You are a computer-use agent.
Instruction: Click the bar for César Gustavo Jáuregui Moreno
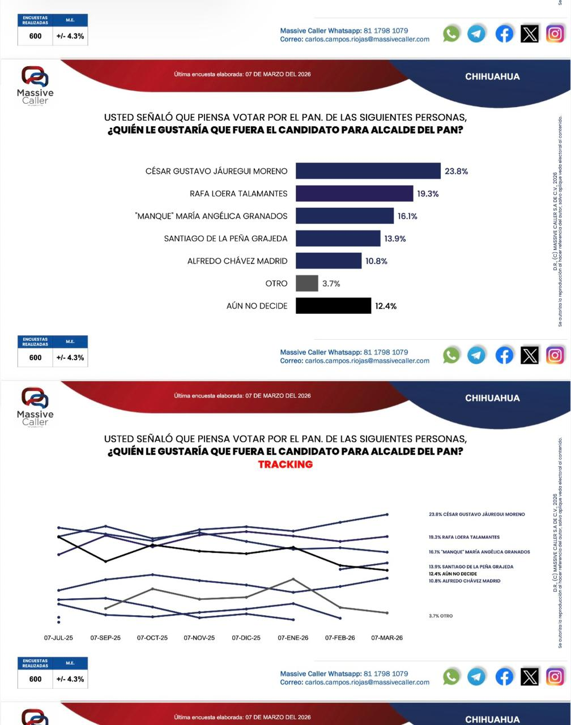point(368,171)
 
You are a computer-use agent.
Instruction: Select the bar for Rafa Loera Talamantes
point(354,194)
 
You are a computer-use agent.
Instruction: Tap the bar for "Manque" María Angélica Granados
point(344,216)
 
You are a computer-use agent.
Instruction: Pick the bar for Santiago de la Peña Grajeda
point(338,238)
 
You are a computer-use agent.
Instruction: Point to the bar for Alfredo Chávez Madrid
point(329,261)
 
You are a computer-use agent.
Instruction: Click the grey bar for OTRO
point(306,283)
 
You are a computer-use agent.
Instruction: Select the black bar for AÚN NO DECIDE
point(333,306)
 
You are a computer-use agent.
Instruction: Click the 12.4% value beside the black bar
point(386,306)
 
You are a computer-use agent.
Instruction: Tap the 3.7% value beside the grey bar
point(331,284)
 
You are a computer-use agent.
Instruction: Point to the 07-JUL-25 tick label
point(59,638)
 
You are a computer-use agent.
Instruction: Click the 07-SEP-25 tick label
point(105,638)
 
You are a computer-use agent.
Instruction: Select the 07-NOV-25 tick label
point(199,638)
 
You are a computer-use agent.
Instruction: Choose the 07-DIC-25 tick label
point(246,638)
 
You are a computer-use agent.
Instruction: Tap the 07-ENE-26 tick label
point(293,638)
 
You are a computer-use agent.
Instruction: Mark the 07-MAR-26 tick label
point(387,638)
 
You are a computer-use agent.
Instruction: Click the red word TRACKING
point(285,464)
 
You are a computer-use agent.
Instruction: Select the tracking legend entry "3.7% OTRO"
point(441,616)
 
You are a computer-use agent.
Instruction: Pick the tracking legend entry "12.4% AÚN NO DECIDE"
point(453,574)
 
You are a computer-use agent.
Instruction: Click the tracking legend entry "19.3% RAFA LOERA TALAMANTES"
point(464,537)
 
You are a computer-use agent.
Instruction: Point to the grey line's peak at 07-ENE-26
point(293,578)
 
